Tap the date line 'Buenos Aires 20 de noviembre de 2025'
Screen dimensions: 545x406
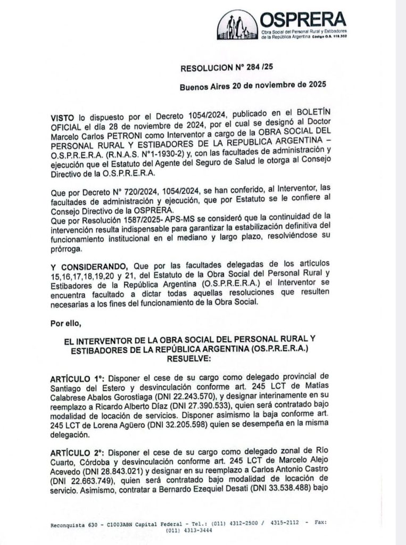click(x=252, y=85)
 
